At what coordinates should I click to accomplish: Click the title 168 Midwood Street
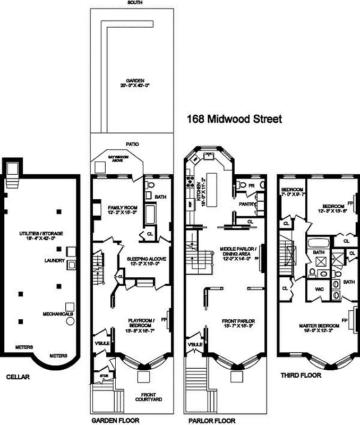pos(234,119)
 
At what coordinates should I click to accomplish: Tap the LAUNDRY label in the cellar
pos(55,261)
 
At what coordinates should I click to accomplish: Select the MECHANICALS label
pos(57,313)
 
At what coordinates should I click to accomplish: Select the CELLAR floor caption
pos(18,377)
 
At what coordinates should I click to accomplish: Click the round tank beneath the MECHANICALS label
pos(70,321)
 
